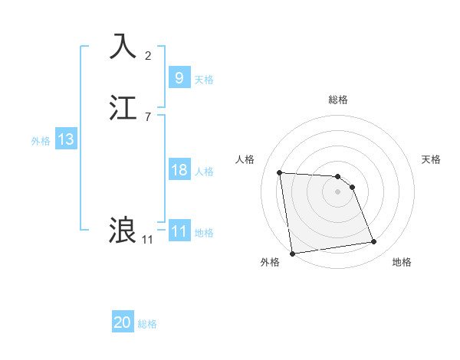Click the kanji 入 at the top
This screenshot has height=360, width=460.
tap(123, 46)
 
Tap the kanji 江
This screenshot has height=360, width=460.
tap(123, 106)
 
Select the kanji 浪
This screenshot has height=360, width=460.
tap(123, 230)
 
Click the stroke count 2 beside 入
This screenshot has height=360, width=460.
tap(148, 56)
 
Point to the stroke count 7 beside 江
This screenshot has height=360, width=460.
tap(148, 116)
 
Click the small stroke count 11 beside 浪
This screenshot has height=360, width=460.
tap(147, 240)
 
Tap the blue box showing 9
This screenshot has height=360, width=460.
tap(179, 77)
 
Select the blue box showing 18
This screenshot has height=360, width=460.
tap(179, 170)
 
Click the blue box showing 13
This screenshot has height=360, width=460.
tap(65, 139)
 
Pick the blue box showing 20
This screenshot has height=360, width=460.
tap(123, 322)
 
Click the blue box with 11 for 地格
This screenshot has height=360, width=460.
tap(179, 231)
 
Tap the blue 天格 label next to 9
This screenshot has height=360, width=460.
tap(204, 80)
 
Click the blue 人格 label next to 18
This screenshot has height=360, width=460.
tap(204, 172)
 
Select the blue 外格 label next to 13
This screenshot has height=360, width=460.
tap(41, 141)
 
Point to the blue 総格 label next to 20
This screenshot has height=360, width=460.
tap(147, 324)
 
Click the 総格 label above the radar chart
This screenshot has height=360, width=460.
tap(337, 100)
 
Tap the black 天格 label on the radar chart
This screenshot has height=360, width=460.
tap(431, 159)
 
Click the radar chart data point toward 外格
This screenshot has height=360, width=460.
tap(291, 253)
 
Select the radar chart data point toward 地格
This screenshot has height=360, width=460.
tap(374, 242)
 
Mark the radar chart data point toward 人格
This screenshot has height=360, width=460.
tap(280, 172)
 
